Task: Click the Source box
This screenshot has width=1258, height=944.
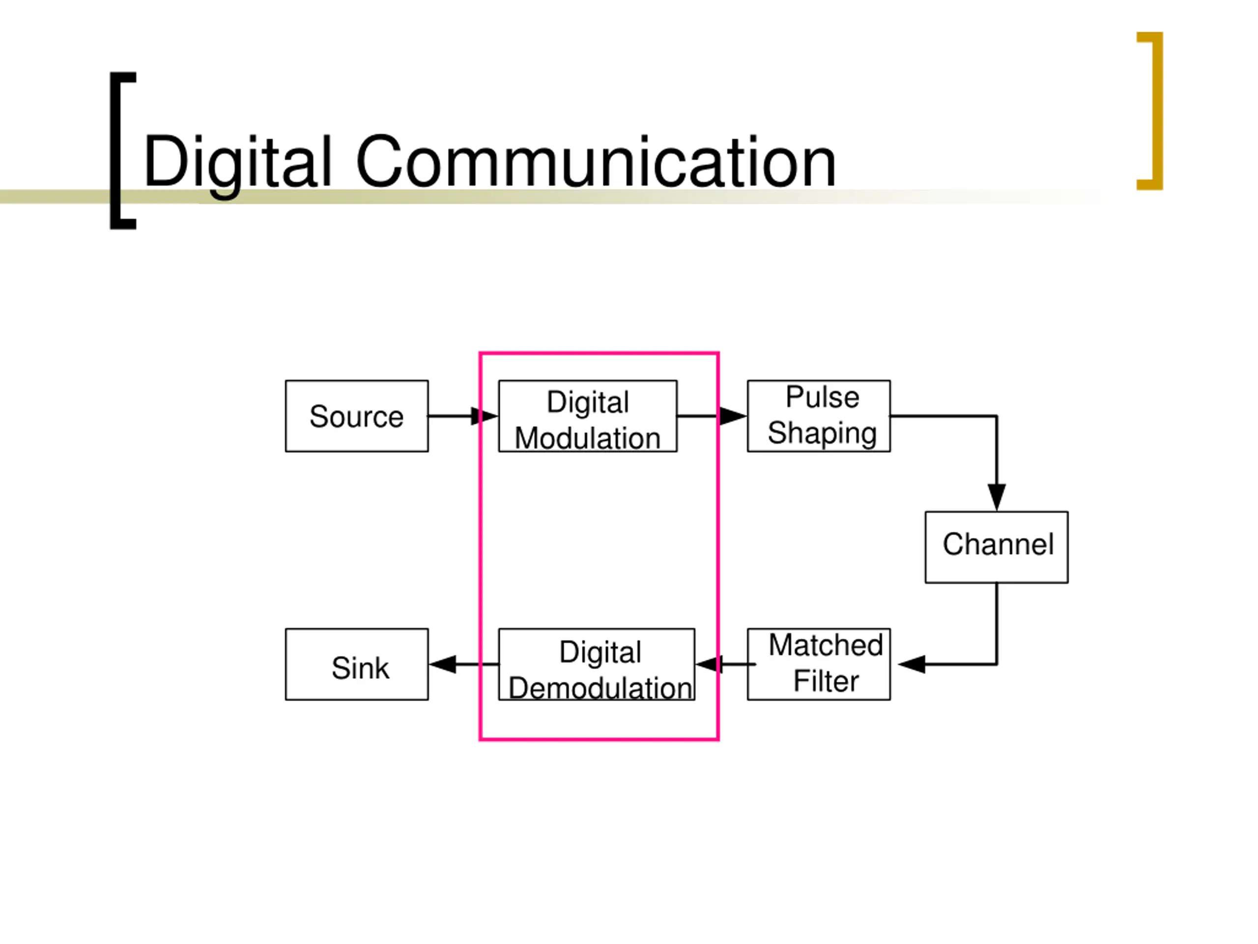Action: pyautogui.click(x=357, y=416)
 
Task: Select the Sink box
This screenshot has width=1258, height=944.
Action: pyautogui.click(x=357, y=664)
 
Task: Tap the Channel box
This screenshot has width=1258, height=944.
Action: pyautogui.click(x=997, y=547)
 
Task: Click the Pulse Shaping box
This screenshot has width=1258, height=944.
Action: pyautogui.click(x=818, y=416)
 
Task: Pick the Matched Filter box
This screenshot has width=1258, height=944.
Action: pyautogui.click(x=818, y=664)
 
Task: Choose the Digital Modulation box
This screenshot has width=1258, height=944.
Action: pyautogui.click(x=588, y=416)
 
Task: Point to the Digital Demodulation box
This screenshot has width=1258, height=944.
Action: pyautogui.click(x=597, y=664)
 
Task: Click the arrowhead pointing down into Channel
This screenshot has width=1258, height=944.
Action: pyautogui.click(x=997, y=496)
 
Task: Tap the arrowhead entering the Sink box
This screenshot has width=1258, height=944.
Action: pyautogui.click(x=444, y=664)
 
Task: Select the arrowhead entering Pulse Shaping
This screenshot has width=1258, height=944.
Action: pyautogui.click(x=732, y=416)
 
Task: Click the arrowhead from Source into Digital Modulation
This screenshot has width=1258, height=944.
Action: pyautogui.click(x=484, y=416)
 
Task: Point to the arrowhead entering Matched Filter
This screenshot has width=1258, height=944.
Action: pyautogui.click(x=912, y=664)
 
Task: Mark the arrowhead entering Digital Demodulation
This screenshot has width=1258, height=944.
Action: pyautogui.click(x=709, y=664)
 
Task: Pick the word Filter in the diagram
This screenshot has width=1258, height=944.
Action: pyautogui.click(x=826, y=681)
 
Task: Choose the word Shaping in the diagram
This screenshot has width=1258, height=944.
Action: pyautogui.click(x=822, y=433)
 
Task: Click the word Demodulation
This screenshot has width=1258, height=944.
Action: pyautogui.click(x=600, y=688)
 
